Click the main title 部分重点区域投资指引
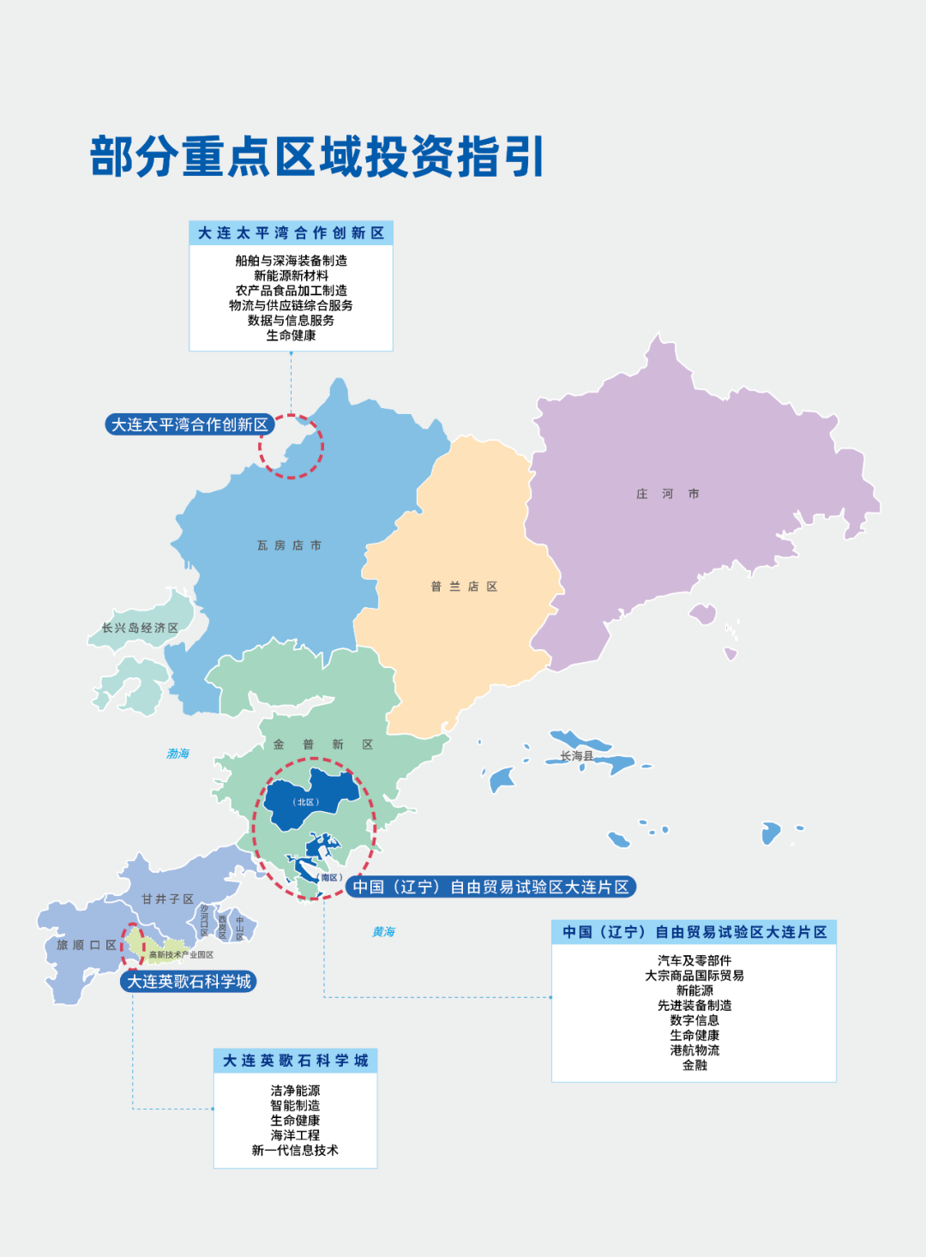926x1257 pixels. coord(317,157)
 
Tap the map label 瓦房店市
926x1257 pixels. coord(289,545)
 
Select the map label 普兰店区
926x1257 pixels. coord(464,586)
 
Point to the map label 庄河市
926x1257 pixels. coord(667,494)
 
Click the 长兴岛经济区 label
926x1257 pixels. coord(140,628)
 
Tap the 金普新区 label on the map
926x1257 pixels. coord(322,744)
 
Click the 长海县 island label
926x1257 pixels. coord(576,755)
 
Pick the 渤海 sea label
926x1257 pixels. coord(177,754)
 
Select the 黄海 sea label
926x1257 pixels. coord(383,931)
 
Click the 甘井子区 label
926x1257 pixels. coord(167,899)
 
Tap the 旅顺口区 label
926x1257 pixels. coord(86,945)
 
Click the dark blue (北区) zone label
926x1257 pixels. coord(305,803)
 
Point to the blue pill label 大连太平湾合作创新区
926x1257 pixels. coord(189,424)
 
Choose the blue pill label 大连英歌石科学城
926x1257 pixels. coord(189,982)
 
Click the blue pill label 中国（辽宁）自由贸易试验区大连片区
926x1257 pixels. coord(490,887)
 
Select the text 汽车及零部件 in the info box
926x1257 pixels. coord(694,960)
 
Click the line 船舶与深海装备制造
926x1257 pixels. coord(291,261)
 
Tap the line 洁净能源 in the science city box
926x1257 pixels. coord(295,1091)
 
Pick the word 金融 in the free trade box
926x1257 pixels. coord(694,1065)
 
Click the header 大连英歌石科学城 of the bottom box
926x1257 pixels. coord(295,1061)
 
